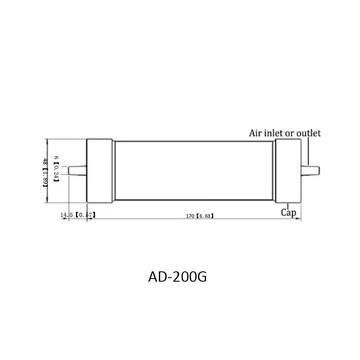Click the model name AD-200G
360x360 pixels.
177,277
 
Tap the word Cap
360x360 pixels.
288,212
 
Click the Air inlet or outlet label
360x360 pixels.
285,133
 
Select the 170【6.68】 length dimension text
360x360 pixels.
200,216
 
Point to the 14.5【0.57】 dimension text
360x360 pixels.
78,215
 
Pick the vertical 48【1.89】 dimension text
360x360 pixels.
45,172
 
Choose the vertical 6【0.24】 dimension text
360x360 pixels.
56,169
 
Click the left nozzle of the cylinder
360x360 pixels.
77,171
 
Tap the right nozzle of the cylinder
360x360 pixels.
310,171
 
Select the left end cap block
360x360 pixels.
99,171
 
